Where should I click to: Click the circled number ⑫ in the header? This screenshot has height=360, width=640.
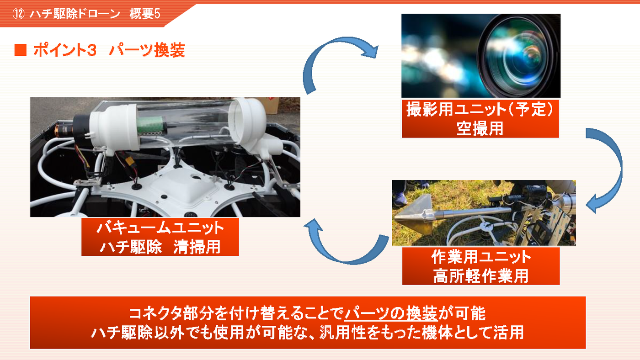click(18, 14)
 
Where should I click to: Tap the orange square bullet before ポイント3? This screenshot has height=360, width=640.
click(20, 50)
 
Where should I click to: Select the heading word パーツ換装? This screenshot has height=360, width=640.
click(147, 50)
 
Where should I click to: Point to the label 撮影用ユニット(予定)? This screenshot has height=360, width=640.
click(480, 109)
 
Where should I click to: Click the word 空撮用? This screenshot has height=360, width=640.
click(480, 128)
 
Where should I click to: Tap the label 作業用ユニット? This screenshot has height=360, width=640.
click(481, 257)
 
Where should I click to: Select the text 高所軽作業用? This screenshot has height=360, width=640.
click(481, 276)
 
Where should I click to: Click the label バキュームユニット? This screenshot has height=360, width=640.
click(160, 228)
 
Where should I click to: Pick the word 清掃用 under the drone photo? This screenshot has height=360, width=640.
click(197, 247)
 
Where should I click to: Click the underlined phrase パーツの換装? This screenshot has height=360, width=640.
click(390, 313)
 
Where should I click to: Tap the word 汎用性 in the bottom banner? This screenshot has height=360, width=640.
click(343, 333)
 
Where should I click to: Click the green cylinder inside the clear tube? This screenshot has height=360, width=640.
click(150, 126)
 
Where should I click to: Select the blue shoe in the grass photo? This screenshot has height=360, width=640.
click(400, 199)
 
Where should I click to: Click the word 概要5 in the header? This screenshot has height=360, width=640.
click(145, 14)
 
